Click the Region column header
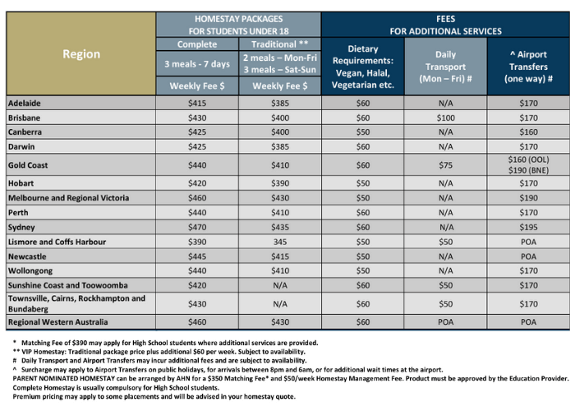pyautogui.click(x=81, y=54)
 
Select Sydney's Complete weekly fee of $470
pyautogui.click(x=198, y=226)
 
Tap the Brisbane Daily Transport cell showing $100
pyautogui.click(x=445, y=118)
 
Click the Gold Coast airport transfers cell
pyautogui.click(x=528, y=164)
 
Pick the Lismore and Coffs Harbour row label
pyautogui.click(x=54, y=241)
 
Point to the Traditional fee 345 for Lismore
pyautogui.click(x=280, y=241)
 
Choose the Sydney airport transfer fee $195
pyautogui.click(x=528, y=226)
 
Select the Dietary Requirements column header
pyautogui.click(x=363, y=67)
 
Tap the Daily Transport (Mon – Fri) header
pyautogui.click(x=445, y=67)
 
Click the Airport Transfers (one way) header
pyautogui.click(x=528, y=67)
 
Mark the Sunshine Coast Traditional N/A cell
pyautogui.click(x=280, y=285)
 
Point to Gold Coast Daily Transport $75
pyautogui.click(x=445, y=164)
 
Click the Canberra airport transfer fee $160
pyautogui.click(x=528, y=132)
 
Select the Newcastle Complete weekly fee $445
pyautogui.click(x=198, y=256)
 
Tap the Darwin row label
pyautogui.click(x=22, y=147)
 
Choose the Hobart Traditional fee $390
pyautogui.click(x=280, y=182)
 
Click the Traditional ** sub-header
pyautogui.click(x=280, y=44)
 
